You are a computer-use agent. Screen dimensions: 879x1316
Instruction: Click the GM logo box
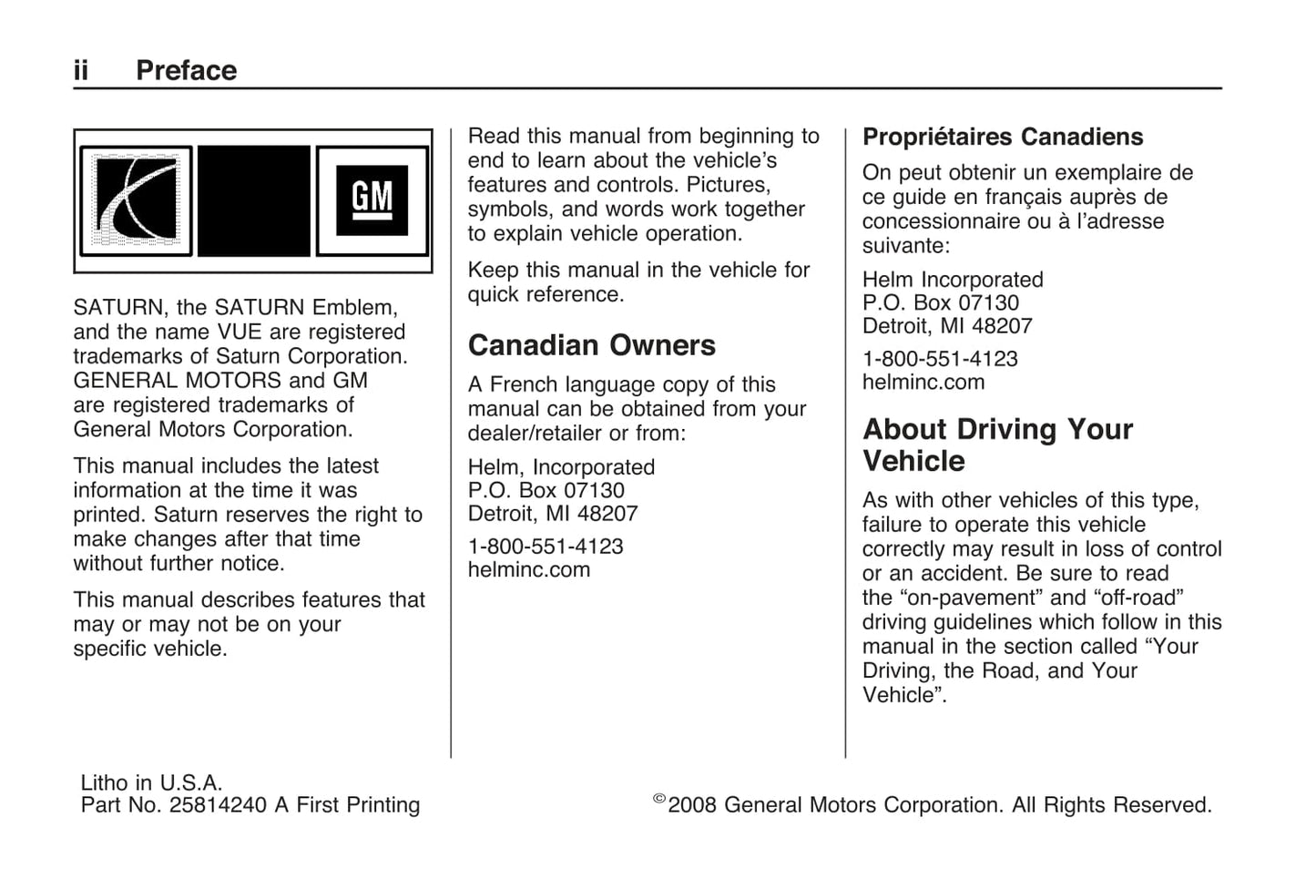(372, 200)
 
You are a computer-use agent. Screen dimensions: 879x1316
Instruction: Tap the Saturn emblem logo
(136, 200)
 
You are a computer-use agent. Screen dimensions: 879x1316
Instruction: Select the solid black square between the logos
(254, 200)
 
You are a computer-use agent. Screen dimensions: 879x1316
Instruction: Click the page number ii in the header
(81, 71)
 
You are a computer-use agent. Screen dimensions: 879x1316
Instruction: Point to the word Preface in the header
(186, 71)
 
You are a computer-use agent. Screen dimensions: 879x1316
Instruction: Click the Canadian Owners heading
(591, 345)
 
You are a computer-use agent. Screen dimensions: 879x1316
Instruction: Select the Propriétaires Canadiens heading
(1003, 137)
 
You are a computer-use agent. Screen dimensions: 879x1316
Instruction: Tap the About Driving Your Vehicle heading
(997, 445)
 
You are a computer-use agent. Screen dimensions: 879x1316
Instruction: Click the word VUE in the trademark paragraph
(240, 332)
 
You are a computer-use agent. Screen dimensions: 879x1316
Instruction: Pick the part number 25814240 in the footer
(218, 805)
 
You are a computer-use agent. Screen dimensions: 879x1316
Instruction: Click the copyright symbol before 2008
(659, 800)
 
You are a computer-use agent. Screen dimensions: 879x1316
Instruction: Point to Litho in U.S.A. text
(151, 782)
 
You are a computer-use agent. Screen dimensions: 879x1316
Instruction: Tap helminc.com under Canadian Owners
(528, 570)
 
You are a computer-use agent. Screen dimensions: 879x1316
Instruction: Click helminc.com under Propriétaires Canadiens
(923, 383)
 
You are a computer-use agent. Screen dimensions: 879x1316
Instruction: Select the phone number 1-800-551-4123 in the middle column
(545, 547)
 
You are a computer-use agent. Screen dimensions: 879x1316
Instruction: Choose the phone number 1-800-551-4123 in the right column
(940, 359)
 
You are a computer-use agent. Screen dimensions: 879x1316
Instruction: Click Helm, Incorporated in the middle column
(561, 467)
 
